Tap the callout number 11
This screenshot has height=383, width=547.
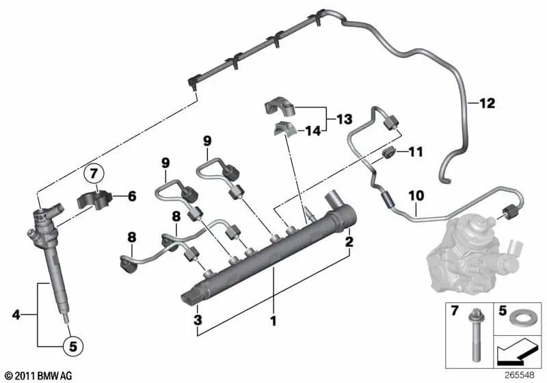(x=416, y=151)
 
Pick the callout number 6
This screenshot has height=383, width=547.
(x=132, y=196)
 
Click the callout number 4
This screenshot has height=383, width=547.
(x=16, y=315)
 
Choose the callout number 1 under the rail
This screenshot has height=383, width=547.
(x=273, y=320)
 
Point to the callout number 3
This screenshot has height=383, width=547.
(x=197, y=320)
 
